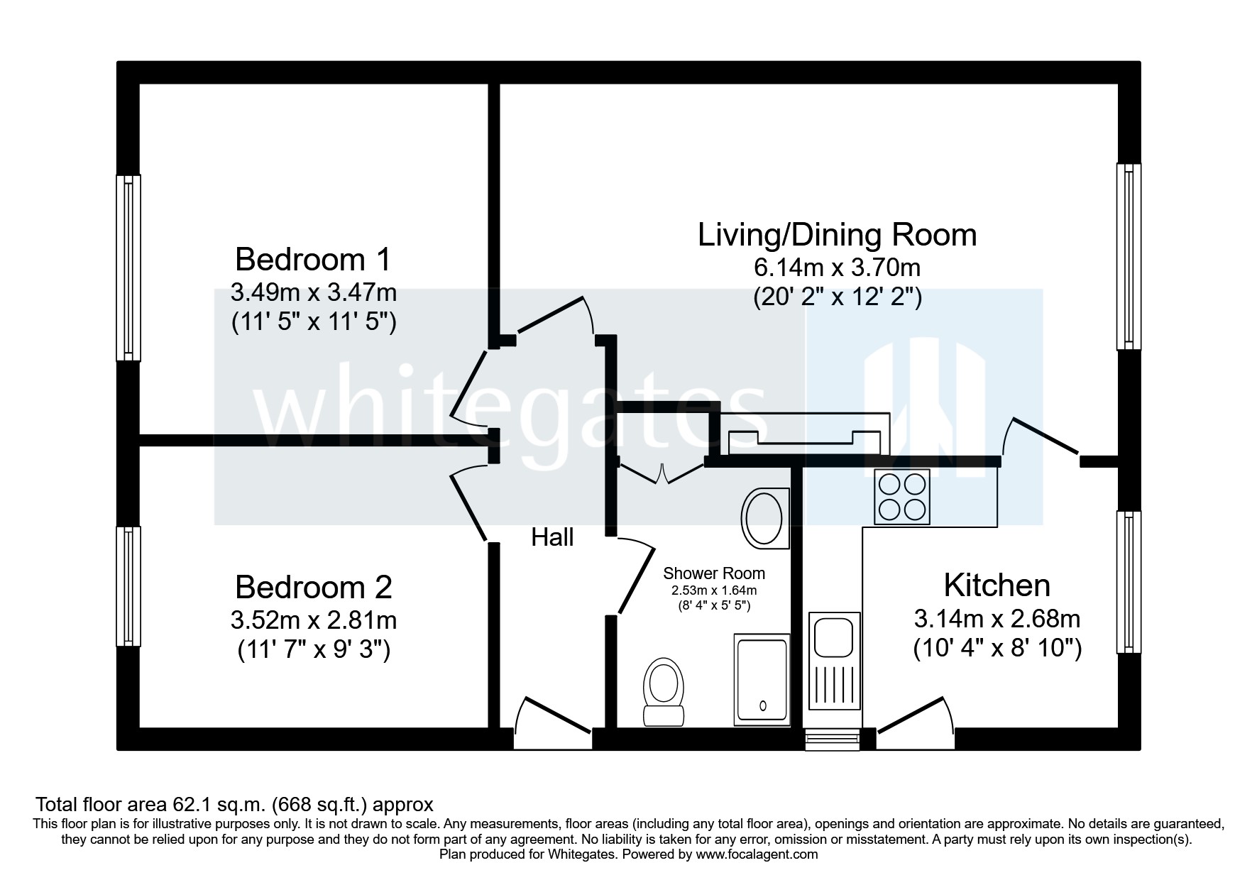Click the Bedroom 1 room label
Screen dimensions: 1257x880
312,260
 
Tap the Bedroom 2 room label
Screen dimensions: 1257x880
313,588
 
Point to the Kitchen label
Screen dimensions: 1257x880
997,585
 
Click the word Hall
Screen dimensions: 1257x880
552,538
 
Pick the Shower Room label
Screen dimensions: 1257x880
714,573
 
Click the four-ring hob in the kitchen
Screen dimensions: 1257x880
901,497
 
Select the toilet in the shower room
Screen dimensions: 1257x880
663,693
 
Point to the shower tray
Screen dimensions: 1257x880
762,681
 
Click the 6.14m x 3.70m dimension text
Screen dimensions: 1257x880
837,268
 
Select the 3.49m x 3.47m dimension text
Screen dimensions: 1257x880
313,292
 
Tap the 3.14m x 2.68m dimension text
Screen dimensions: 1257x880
997,620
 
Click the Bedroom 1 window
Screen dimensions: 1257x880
128,268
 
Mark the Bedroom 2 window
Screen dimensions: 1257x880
128,586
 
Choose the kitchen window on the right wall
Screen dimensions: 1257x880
1129,582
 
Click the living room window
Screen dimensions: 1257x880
1129,257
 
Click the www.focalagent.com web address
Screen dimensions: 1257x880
757,854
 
